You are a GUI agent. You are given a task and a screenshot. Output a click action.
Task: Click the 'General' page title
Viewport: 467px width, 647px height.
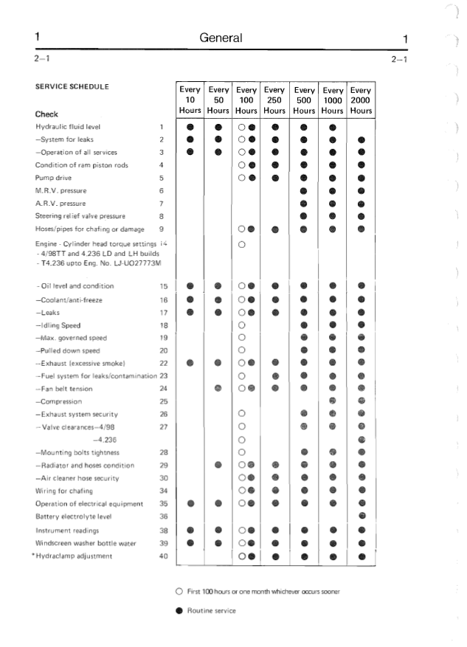[x=221, y=38]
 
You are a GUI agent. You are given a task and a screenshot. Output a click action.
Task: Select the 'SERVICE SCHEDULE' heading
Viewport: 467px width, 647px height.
[x=72, y=86]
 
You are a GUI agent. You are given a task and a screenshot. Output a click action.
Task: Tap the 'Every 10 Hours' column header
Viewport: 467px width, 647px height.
[x=190, y=100]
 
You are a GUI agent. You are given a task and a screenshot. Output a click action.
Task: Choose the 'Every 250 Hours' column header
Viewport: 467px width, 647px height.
[x=274, y=100]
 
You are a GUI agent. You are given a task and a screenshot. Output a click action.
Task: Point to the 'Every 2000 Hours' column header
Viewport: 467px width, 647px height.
[x=361, y=100]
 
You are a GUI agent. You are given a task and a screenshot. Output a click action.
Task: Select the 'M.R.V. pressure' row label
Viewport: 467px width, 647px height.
[x=60, y=190]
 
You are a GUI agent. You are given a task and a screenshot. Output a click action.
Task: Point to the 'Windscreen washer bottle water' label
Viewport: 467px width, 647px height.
[x=86, y=543]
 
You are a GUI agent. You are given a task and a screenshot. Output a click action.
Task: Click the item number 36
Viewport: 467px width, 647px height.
[x=164, y=516]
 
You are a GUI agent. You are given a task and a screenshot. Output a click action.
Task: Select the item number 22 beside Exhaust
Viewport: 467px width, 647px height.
[x=164, y=363]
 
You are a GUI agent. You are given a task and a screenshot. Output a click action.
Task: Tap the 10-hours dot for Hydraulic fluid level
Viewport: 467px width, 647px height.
[x=190, y=127]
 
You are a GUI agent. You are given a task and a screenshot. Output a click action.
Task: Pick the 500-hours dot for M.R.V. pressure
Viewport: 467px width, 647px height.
[x=303, y=191]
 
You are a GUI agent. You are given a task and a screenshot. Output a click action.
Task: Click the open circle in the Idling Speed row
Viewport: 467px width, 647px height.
[x=242, y=325]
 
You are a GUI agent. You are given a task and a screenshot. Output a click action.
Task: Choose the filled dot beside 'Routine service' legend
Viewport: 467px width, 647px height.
[x=179, y=611]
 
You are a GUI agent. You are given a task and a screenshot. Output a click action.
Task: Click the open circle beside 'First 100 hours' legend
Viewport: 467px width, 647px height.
[x=179, y=592]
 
